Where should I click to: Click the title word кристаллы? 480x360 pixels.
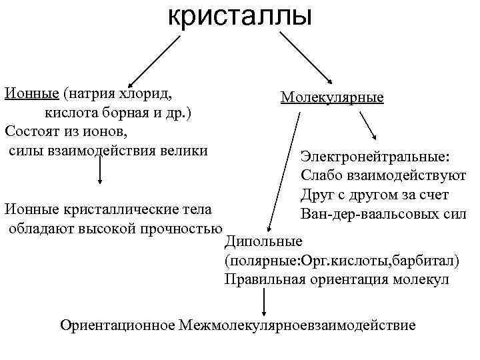239,15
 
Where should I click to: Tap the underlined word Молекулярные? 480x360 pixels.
332,97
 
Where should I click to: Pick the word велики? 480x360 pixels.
182,149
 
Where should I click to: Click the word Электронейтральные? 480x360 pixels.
375,157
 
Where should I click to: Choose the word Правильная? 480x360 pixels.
264,279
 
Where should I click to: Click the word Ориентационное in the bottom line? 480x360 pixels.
117,326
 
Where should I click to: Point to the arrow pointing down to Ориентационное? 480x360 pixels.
265,304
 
